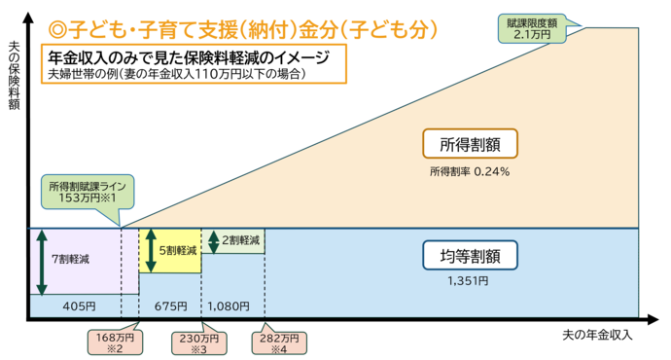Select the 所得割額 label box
click(471, 143)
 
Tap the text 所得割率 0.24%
click(470, 171)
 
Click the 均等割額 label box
click(471, 256)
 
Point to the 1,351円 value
click(470, 282)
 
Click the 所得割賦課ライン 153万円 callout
click(88, 191)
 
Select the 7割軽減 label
click(74, 260)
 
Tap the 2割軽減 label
click(240, 239)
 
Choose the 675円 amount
click(170, 306)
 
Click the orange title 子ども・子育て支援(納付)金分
click(243, 31)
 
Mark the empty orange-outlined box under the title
click(194, 63)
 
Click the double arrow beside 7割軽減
click(42, 261)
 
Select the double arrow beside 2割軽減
click(214, 240)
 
